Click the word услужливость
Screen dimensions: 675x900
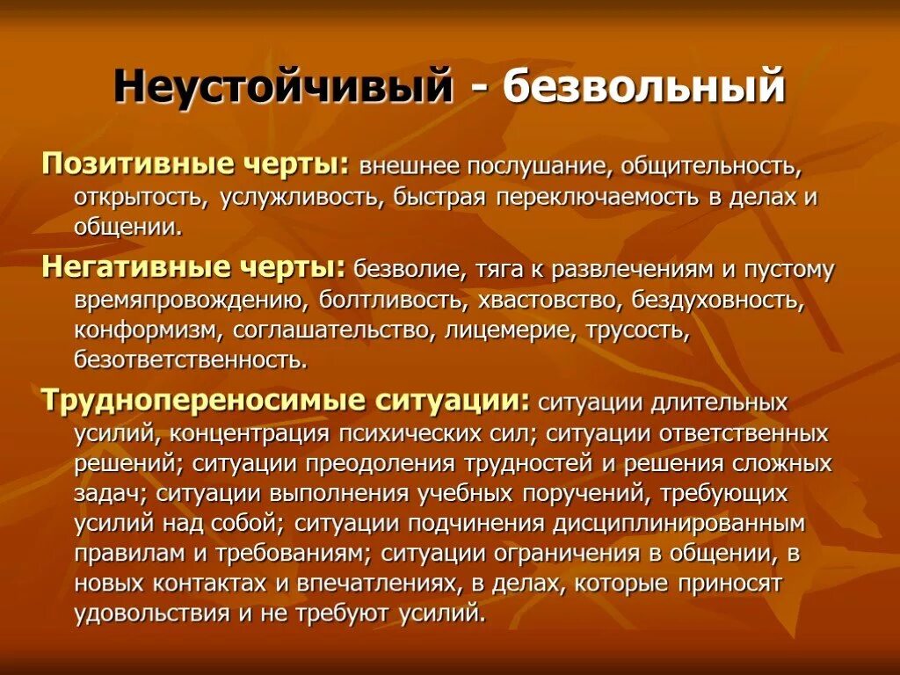[x=299, y=196]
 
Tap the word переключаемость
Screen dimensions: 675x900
[x=595, y=196]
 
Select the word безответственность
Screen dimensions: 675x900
[x=191, y=359]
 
